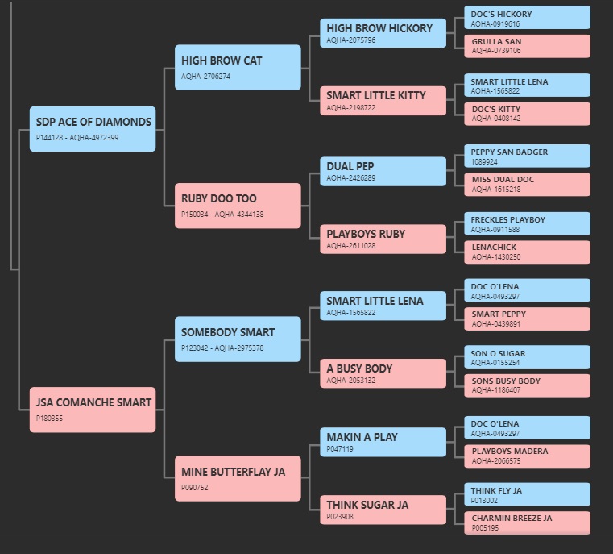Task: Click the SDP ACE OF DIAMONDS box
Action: (x=93, y=129)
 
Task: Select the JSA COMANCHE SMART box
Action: (x=93, y=410)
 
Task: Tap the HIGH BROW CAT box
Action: (x=238, y=67)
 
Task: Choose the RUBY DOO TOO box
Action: (x=238, y=206)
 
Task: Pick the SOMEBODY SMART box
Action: (x=238, y=339)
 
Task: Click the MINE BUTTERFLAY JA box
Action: (x=238, y=478)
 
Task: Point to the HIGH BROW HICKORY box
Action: (x=383, y=33)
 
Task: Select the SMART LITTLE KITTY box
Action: (x=383, y=101)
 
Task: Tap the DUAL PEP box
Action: (x=383, y=172)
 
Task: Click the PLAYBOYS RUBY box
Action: (x=383, y=239)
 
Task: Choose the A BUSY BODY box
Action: (x=383, y=373)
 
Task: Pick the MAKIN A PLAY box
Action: (x=383, y=442)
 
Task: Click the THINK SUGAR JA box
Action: (x=383, y=510)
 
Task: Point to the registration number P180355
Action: (x=49, y=419)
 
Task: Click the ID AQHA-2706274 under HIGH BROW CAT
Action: (x=205, y=77)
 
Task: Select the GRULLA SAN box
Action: (x=528, y=46)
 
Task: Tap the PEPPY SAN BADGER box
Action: (x=528, y=156)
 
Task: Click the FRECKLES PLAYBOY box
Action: (x=528, y=223)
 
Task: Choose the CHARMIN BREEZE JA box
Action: (x=528, y=523)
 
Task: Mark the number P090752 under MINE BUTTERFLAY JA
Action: (x=195, y=488)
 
